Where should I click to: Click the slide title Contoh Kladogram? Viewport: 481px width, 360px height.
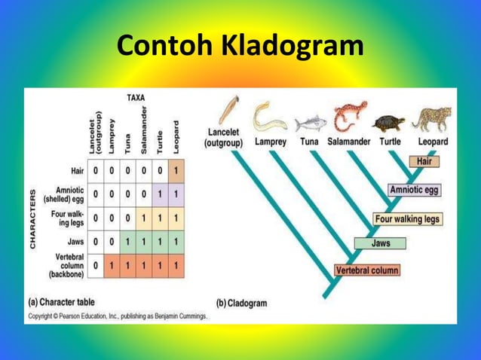240,47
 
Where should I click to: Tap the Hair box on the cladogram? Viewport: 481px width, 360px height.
425,161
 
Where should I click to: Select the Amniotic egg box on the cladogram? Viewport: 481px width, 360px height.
414,190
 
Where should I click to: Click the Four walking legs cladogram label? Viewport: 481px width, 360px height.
407,219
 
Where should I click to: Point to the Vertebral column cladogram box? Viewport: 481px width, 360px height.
367,270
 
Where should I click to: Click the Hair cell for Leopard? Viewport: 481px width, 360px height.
176,170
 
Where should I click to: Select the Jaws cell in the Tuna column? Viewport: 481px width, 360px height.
127,242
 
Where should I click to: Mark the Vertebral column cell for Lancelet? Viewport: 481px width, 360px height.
96,266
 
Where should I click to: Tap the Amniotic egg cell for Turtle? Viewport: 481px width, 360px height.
160,194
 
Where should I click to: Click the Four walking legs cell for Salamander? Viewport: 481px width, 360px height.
143,218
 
